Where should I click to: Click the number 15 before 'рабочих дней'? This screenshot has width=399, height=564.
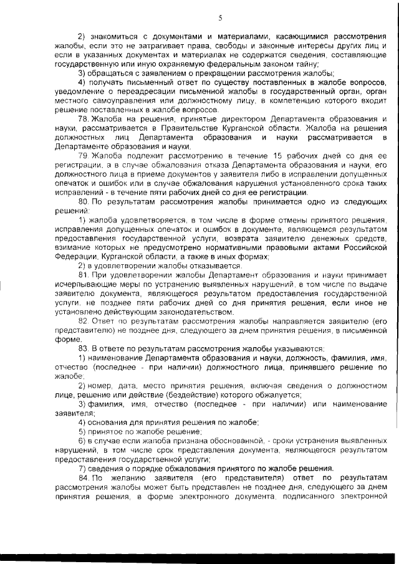coord(259,155)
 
